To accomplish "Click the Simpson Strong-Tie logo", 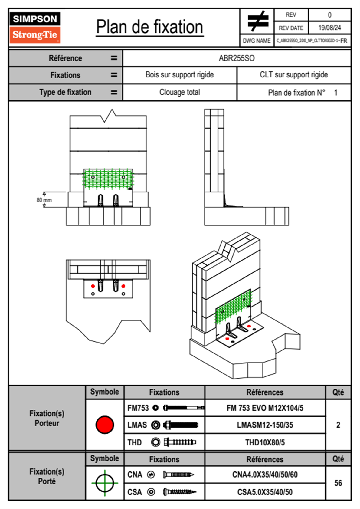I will coord(34,27).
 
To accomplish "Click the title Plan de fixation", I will coord(149,27).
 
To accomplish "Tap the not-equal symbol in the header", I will coord(257,21).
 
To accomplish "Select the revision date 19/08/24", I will coord(329,28).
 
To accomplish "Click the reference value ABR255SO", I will coord(237,58).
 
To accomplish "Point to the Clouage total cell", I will coord(180,92).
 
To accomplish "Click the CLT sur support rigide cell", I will coord(294,75).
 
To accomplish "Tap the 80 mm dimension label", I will coord(44,200).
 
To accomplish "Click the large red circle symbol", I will coord(105,425).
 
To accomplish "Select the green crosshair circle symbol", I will coord(105,483).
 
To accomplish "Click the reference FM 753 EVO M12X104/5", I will coord(265,408).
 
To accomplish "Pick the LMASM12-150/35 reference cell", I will coord(265,425).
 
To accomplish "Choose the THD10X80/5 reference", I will coord(265,442).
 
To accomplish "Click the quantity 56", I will coord(338,483).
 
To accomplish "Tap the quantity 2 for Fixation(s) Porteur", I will coord(338,425).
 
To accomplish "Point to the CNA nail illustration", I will coord(178,475).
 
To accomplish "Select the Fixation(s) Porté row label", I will coord(47,476).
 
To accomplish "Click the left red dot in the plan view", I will coord(93,286).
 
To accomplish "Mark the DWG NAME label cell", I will coord(257,41).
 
